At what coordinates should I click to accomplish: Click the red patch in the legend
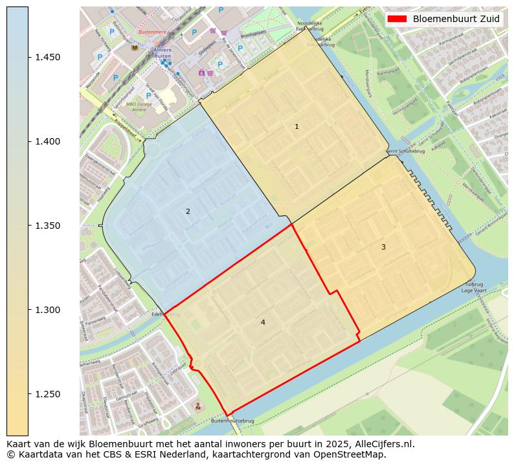[x=397, y=19]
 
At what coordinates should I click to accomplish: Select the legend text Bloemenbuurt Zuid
[x=456, y=19]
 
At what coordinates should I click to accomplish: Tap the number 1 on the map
[x=296, y=127]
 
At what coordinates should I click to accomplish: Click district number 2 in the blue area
[x=188, y=211]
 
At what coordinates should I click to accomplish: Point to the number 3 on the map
[x=383, y=247]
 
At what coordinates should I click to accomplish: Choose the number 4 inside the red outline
[x=263, y=322]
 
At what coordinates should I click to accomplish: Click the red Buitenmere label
[x=152, y=32]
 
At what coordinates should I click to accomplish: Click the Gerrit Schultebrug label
[x=401, y=152]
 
